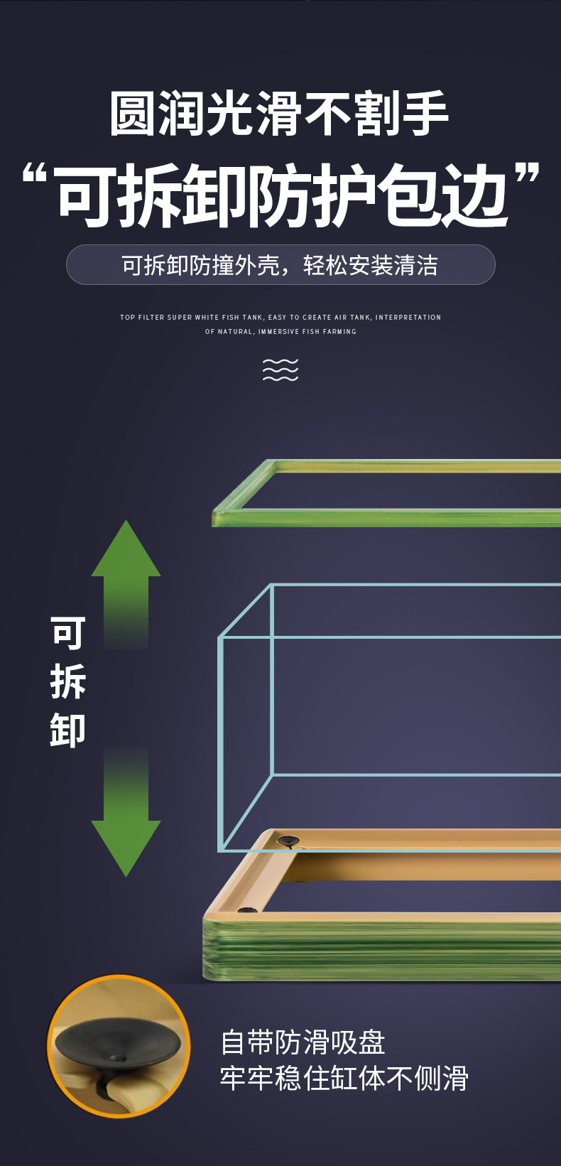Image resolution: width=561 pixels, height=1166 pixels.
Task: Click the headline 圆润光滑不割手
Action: pyautogui.click(x=280, y=114)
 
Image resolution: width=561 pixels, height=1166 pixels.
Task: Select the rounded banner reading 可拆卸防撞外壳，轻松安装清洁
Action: pyautogui.click(x=280, y=265)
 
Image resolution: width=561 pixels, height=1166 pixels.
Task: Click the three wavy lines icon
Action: pyautogui.click(x=280, y=369)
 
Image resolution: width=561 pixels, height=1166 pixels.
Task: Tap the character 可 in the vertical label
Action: pyautogui.click(x=68, y=632)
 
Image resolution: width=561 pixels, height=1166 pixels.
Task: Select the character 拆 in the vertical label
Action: pyautogui.click(x=68, y=681)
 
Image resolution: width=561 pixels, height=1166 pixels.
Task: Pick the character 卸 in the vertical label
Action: pyautogui.click(x=68, y=730)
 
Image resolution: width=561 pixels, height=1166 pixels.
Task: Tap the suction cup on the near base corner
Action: pyautogui.click(x=247, y=910)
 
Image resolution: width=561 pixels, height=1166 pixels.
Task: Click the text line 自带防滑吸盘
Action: pyautogui.click(x=303, y=1042)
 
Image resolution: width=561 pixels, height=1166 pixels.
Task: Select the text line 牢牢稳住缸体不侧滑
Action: pyautogui.click(x=344, y=1079)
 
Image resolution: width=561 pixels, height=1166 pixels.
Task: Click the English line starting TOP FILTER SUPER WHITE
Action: pyautogui.click(x=280, y=318)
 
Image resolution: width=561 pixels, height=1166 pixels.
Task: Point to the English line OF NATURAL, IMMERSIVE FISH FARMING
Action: pyautogui.click(x=280, y=332)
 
